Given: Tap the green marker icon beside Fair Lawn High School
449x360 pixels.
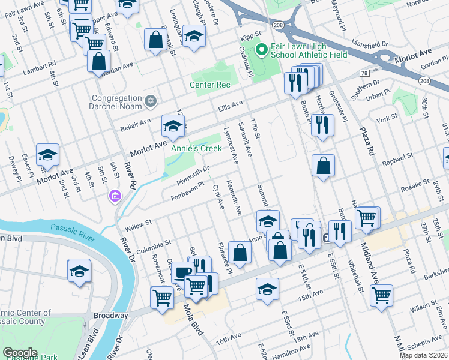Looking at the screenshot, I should tap(261, 49).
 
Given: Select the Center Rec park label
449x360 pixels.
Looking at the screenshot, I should tap(210, 85).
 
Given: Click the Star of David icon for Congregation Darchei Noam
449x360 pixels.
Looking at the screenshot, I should tap(151, 102).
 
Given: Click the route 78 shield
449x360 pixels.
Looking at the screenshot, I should tap(364, 73).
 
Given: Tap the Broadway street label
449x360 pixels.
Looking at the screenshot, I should tap(110, 315).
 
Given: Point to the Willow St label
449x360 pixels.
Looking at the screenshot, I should tap(137, 226).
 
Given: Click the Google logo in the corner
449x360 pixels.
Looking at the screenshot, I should tap(20, 353).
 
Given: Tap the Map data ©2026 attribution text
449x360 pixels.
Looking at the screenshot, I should tap(423, 355).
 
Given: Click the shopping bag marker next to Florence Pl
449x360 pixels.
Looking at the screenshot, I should tap(240, 253).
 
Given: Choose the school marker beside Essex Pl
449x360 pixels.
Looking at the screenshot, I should tap(47, 155).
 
